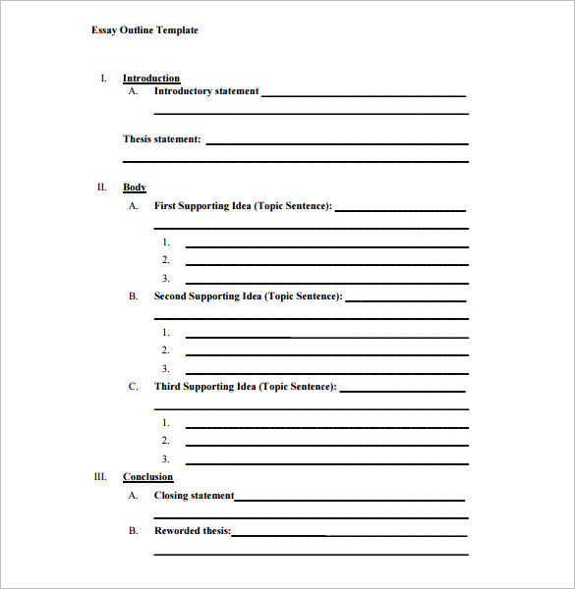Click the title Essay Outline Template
(x=144, y=30)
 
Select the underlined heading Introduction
(x=151, y=79)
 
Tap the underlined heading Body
(x=135, y=187)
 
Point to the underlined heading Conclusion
(x=147, y=477)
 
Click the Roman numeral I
(x=103, y=78)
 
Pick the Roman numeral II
(x=101, y=187)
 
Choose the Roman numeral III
(x=100, y=476)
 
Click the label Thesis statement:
(x=162, y=139)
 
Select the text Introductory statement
(x=206, y=91)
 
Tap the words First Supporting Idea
(x=203, y=206)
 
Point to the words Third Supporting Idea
(x=205, y=387)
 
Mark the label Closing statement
(x=195, y=496)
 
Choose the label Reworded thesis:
(x=193, y=531)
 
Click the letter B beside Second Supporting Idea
(x=133, y=296)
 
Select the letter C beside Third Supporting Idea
(x=133, y=387)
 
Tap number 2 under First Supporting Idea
(x=166, y=260)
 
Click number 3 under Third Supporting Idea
(x=166, y=459)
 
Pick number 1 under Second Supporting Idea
(x=166, y=333)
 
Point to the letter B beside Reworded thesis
(x=133, y=531)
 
